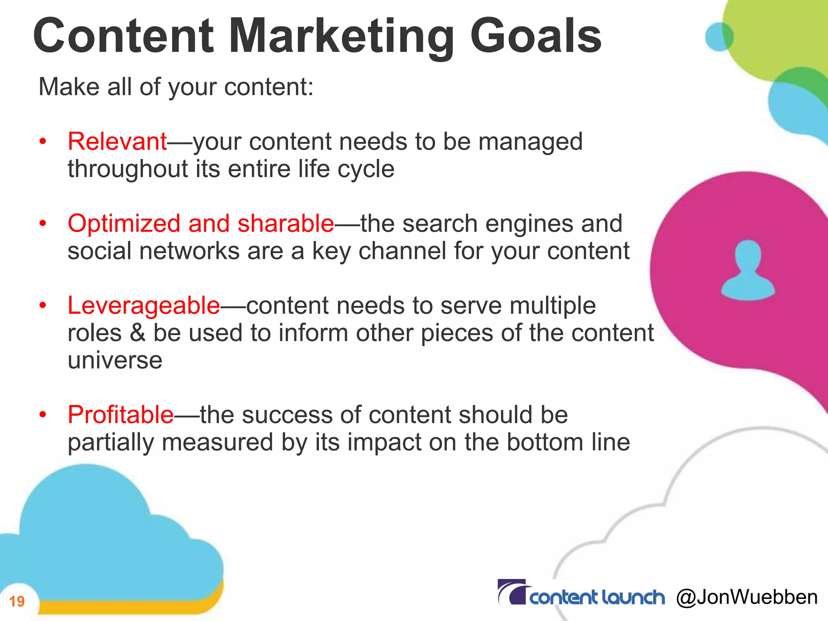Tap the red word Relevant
pyautogui.click(x=117, y=142)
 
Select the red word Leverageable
pyautogui.click(x=144, y=305)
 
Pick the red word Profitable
pyautogui.click(x=120, y=415)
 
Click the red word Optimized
pyautogui.click(x=124, y=224)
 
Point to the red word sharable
pyautogui.click(x=285, y=224)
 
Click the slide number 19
pyautogui.click(x=17, y=601)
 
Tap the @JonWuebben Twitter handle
pyautogui.click(x=746, y=597)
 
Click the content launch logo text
pyautogui.click(x=597, y=597)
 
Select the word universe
pyautogui.click(x=115, y=360)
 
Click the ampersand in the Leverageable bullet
pyautogui.click(x=137, y=333)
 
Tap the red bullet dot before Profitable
pyautogui.click(x=43, y=415)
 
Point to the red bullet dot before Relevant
pyautogui.click(x=43, y=142)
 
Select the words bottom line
pyautogui.click(x=568, y=442)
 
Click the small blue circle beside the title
pyautogui.click(x=719, y=37)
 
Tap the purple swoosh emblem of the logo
pyautogui.click(x=512, y=592)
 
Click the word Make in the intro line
pyautogui.click(x=69, y=87)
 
